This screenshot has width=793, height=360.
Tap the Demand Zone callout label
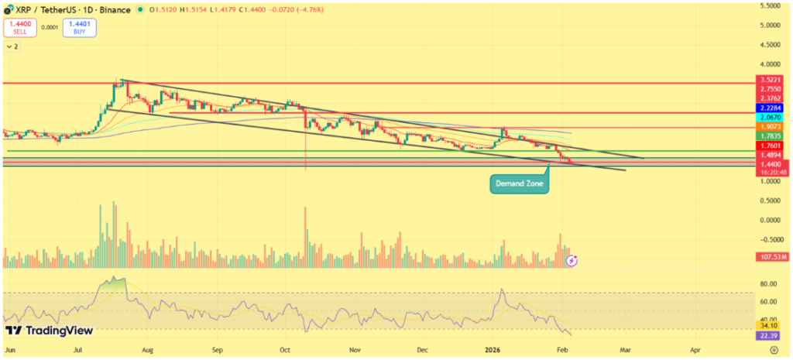coord(519,184)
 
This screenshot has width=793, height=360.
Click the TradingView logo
coord(50,331)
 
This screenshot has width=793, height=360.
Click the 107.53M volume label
coord(774,255)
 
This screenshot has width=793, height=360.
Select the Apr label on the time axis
coord(695,350)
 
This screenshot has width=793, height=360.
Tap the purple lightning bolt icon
coord(572,261)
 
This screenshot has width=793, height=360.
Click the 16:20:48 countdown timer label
coord(774,172)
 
